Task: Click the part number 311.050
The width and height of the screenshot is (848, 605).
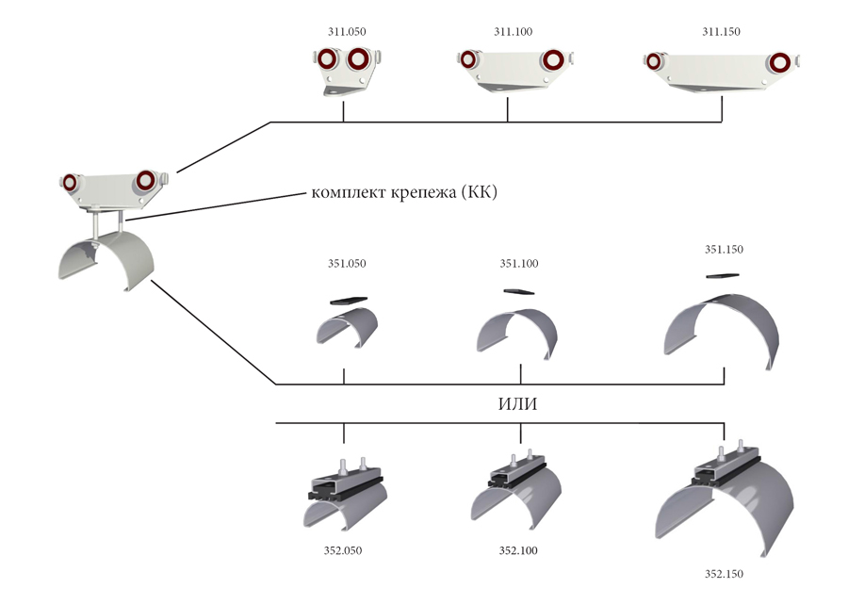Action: tap(347, 32)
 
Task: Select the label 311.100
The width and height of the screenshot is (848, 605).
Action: tap(513, 32)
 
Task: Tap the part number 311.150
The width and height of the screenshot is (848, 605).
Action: tap(721, 32)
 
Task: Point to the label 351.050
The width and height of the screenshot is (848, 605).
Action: tap(347, 264)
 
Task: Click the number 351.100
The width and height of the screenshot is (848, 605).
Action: tap(518, 264)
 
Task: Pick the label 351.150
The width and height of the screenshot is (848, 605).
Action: tap(724, 250)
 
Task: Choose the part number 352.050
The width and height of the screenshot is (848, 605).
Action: tap(343, 551)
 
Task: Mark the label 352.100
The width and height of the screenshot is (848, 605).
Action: tap(518, 551)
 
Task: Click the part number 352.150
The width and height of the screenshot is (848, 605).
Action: tap(724, 574)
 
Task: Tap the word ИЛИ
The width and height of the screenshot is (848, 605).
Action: tap(517, 404)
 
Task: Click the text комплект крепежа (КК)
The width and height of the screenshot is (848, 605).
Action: tap(404, 192)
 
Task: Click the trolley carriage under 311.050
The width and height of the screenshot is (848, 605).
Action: tap(347, 72)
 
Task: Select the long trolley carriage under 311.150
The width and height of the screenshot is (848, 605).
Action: tap(722, 71)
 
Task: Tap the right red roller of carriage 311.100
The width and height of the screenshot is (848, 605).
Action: tap(553, 60)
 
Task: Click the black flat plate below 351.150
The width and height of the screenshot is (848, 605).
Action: tap(723, 276)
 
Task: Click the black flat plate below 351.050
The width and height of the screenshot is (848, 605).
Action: tap(349, 301)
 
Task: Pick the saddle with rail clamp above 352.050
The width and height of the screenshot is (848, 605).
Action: tap(346, 494)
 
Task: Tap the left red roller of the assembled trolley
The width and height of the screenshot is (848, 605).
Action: tap(70, 183)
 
